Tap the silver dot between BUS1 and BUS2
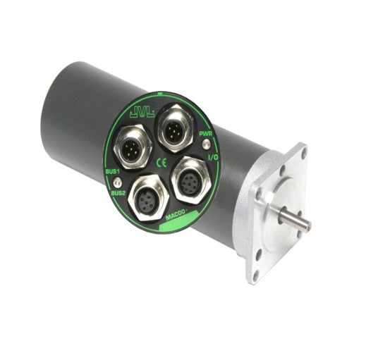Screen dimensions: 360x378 (116, 182)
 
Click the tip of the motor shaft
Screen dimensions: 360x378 (307, 226)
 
